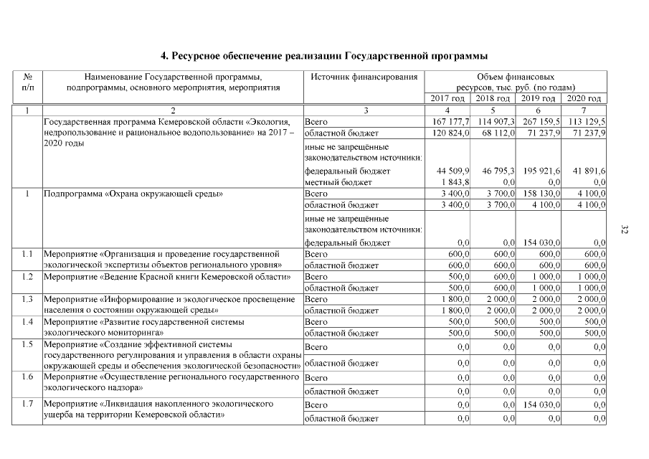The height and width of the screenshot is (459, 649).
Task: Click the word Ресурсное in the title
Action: pyautogui.click(x=202, y=55)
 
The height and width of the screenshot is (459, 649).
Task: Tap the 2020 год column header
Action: pyautogui.click(x=584, y=99)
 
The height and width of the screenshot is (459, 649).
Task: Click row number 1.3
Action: pyautogui.click(x=27, y=299)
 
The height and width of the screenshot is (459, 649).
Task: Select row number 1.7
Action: pyautogui.click(x=27, y=404)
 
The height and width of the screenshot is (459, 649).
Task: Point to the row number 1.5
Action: pyautogui.click(x=27, y=344)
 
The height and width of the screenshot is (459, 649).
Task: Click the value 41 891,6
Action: pyautogui.click(x=587, y=171)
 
